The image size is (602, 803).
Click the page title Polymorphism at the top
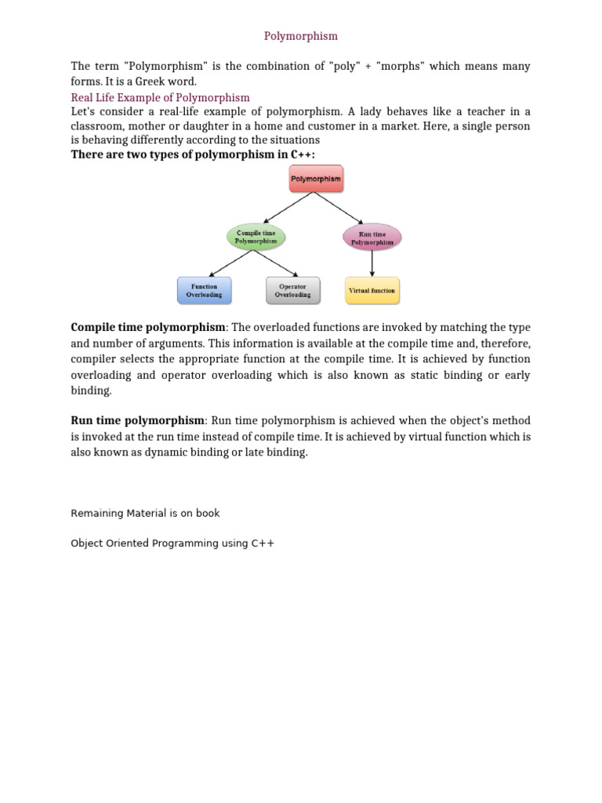click(300, 36)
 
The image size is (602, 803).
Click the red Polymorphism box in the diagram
click(315, 179)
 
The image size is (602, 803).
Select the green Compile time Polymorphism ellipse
click(256, 236)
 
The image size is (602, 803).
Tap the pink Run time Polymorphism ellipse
click(372, 237)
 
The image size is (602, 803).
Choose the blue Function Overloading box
click(204, 290)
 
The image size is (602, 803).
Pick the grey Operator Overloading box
click(292, 290)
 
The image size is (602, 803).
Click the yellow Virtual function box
click(372, 290)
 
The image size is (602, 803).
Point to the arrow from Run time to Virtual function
click(372, 263)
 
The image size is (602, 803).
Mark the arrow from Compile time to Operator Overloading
click(275, 263)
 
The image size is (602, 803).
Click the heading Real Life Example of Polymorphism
click(160, 98)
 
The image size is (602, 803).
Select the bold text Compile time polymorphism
click(148, 327)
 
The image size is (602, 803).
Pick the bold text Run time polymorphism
click(138, 421)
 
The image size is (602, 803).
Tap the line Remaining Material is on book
click(145, 513)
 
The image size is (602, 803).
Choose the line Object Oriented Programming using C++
click(172, 543)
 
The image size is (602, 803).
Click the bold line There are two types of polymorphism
click(193, 154)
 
